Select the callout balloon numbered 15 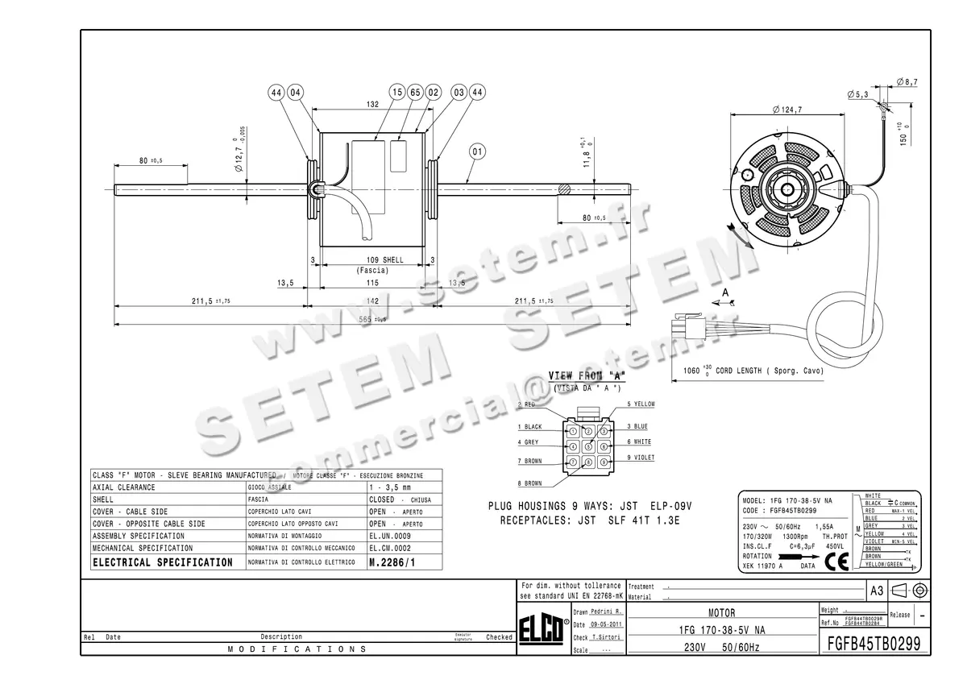(396, 93)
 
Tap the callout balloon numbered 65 (415, 93)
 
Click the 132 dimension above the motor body (372, 104)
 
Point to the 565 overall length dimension (372, 319)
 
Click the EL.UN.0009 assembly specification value (390, 536)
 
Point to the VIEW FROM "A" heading (587, 376)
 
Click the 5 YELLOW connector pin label (641, 404)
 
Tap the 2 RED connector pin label (526, 404)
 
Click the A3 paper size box (877, 591)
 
